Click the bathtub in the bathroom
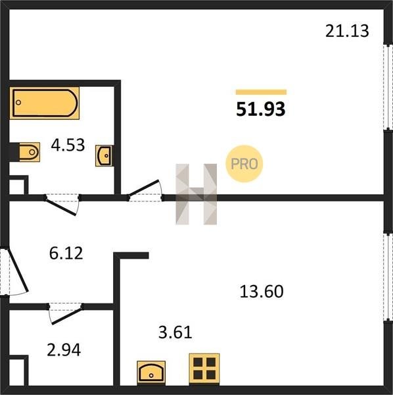click(x=45, y=103)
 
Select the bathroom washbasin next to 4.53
click(x=104, y=155)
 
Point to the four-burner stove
click(x=204, y=369)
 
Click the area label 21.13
click(x=347, y=31)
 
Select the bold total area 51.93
click(x=261, y=109)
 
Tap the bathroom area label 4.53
click(x=68, y=145)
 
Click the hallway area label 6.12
click(x=66, y=253)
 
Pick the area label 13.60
click(x=262, y=292)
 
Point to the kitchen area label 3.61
click(x=175, y=332)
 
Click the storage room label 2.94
click(x=64, y=350)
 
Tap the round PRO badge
click(x=244, y=164)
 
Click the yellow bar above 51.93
click(x=261, y=92)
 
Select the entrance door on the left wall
click(x=18, y=269)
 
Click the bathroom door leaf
click(x=61, y=207)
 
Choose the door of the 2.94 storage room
click(x=67, y=315)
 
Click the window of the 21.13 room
click(x=388, y=88)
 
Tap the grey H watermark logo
click(x=196, y=194)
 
